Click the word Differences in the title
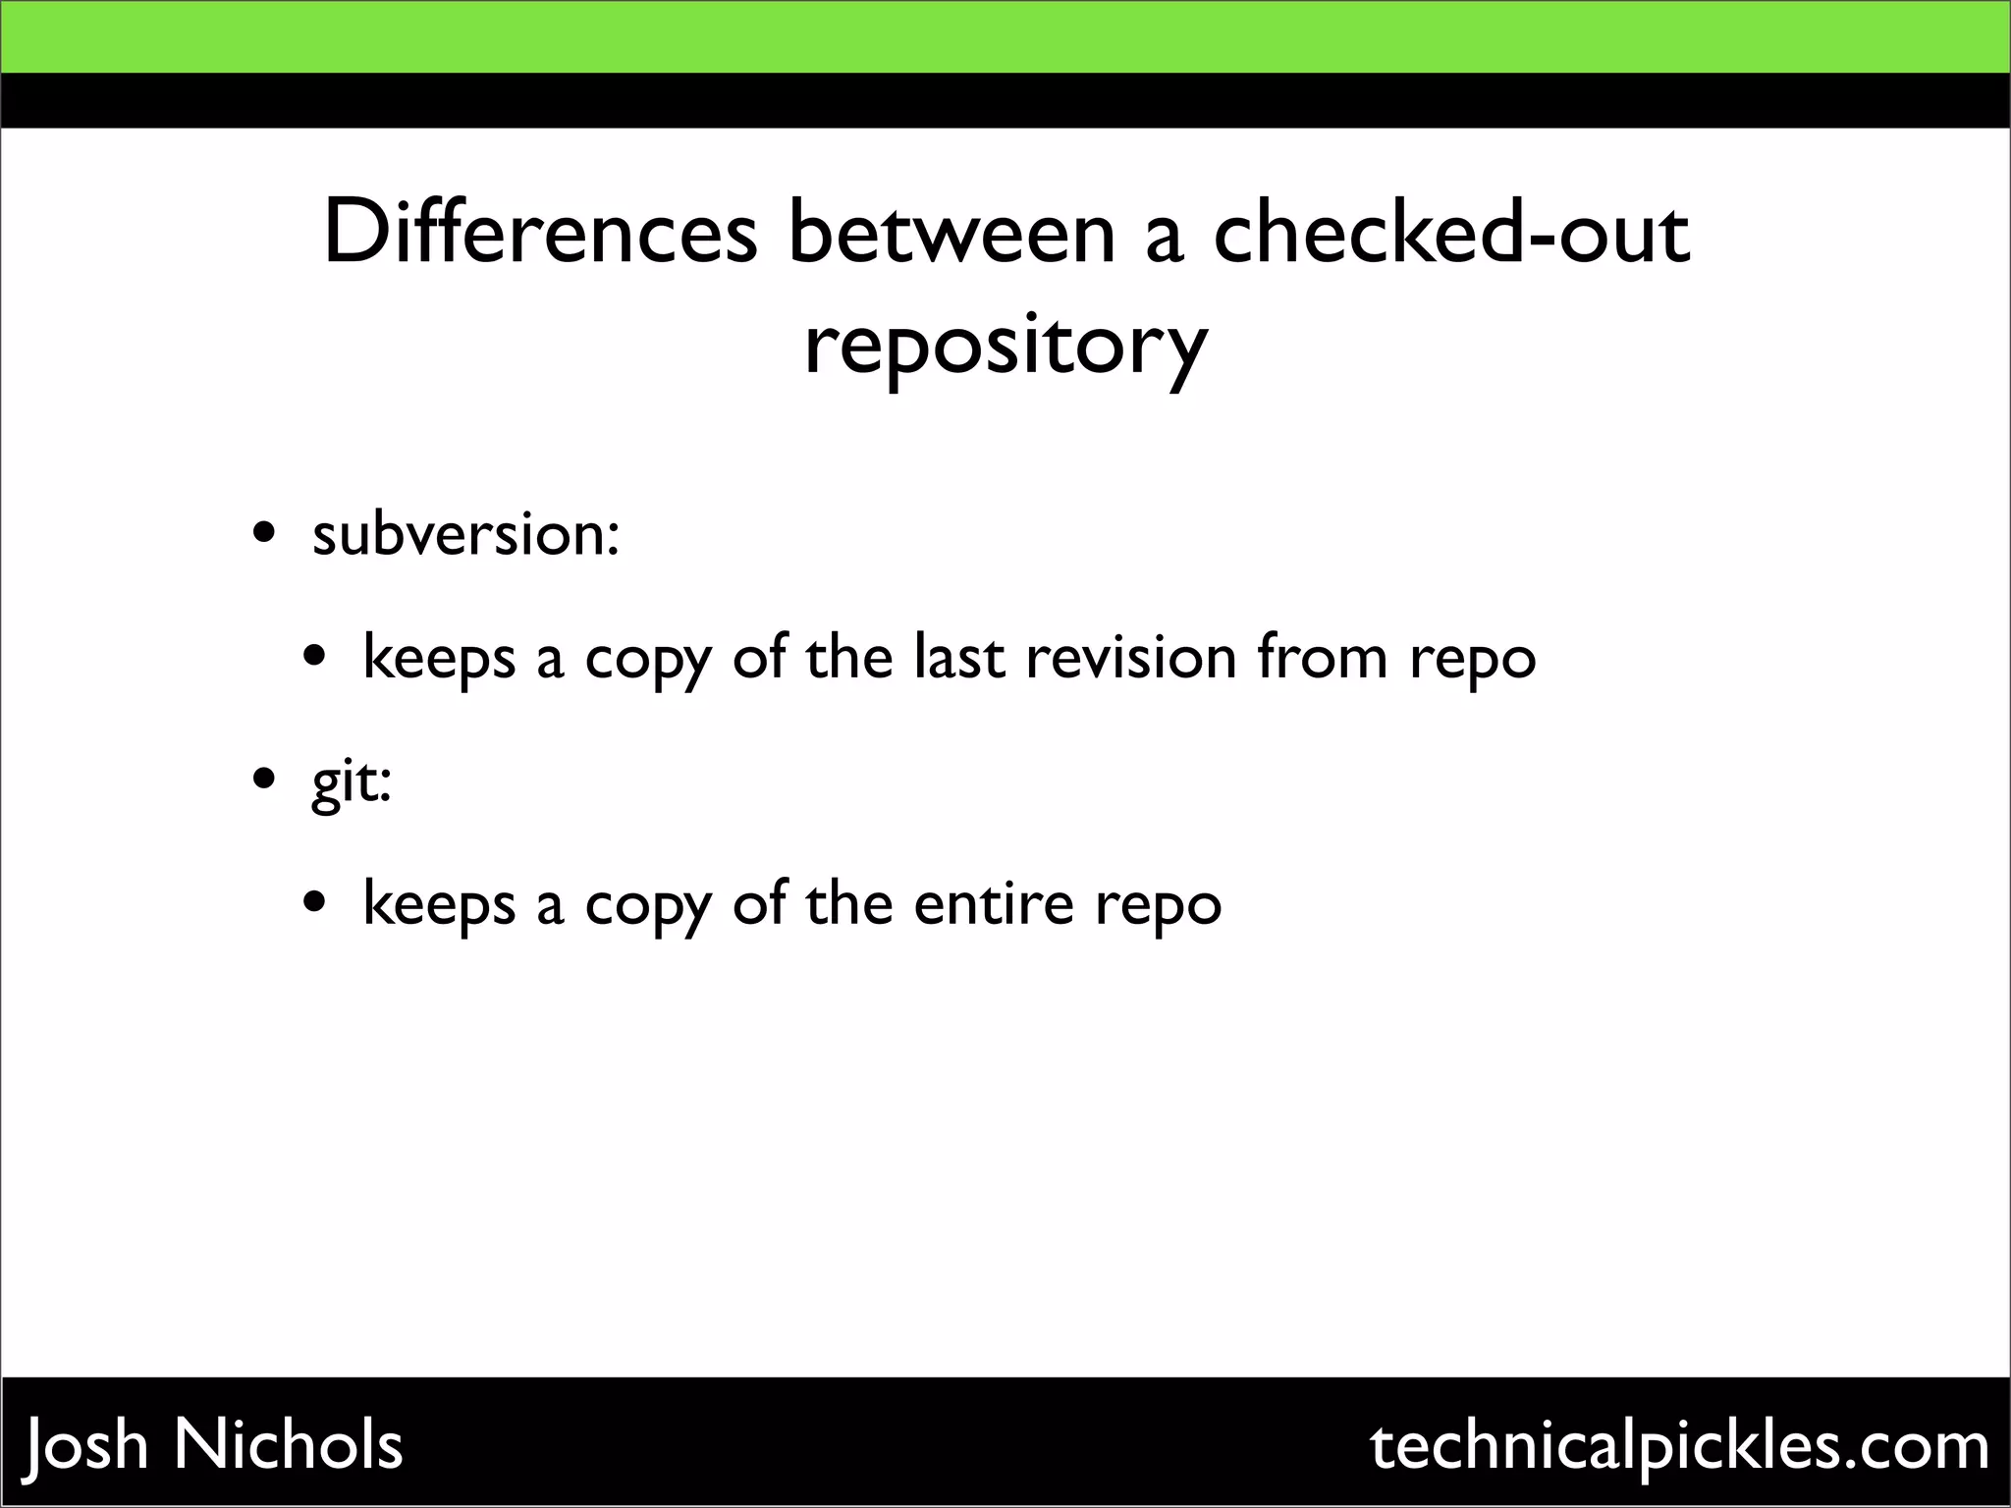[540, 234]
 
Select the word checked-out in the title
[1451, 234]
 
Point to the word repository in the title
[1005, 347]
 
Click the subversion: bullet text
[465, 535]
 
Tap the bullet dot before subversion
[263, 536]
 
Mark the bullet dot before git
[263, 781]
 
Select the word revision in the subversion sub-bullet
[1131, 657]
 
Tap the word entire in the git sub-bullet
[993, 903]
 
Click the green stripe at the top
[1005, 36]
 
